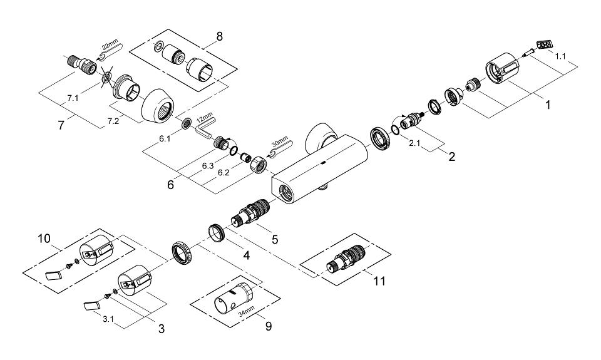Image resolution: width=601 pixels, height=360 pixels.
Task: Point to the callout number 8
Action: pyautogui.click(x=218, y=36)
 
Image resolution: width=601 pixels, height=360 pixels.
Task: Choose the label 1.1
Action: pyautogui.click(x=561, y=56)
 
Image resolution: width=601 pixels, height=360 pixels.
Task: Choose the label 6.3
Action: pyautogui.click(x=209, y=167)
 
